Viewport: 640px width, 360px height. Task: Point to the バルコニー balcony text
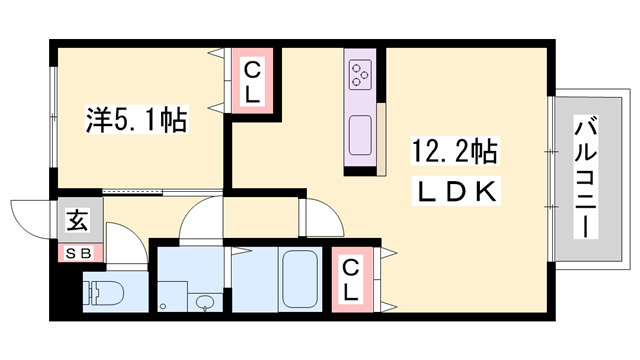(x=585, y=177)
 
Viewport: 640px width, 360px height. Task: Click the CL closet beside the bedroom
(x=253, y=83)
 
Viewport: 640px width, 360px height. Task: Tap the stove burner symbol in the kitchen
(x=361, y=72)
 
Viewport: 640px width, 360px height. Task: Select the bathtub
(x=299, y=279)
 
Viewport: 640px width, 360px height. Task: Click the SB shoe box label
(x=78, y=252)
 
